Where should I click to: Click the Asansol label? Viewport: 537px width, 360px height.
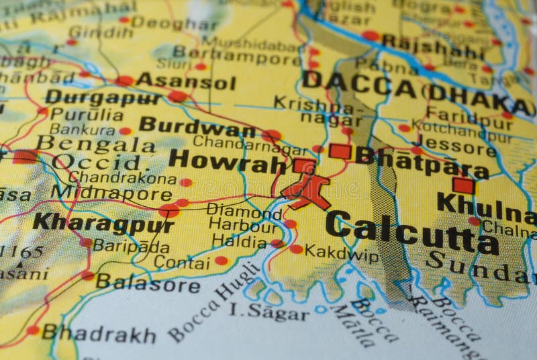(185, 83)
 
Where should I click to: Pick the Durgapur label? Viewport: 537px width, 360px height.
(103, 97)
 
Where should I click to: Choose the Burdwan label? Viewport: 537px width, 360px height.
(197, 127)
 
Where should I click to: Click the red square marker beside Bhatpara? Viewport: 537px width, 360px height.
(340, 151)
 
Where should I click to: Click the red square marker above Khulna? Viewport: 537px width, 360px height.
(462, 185)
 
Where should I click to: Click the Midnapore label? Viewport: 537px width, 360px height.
(111, 193)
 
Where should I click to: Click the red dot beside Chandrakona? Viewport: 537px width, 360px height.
(186, 182)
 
